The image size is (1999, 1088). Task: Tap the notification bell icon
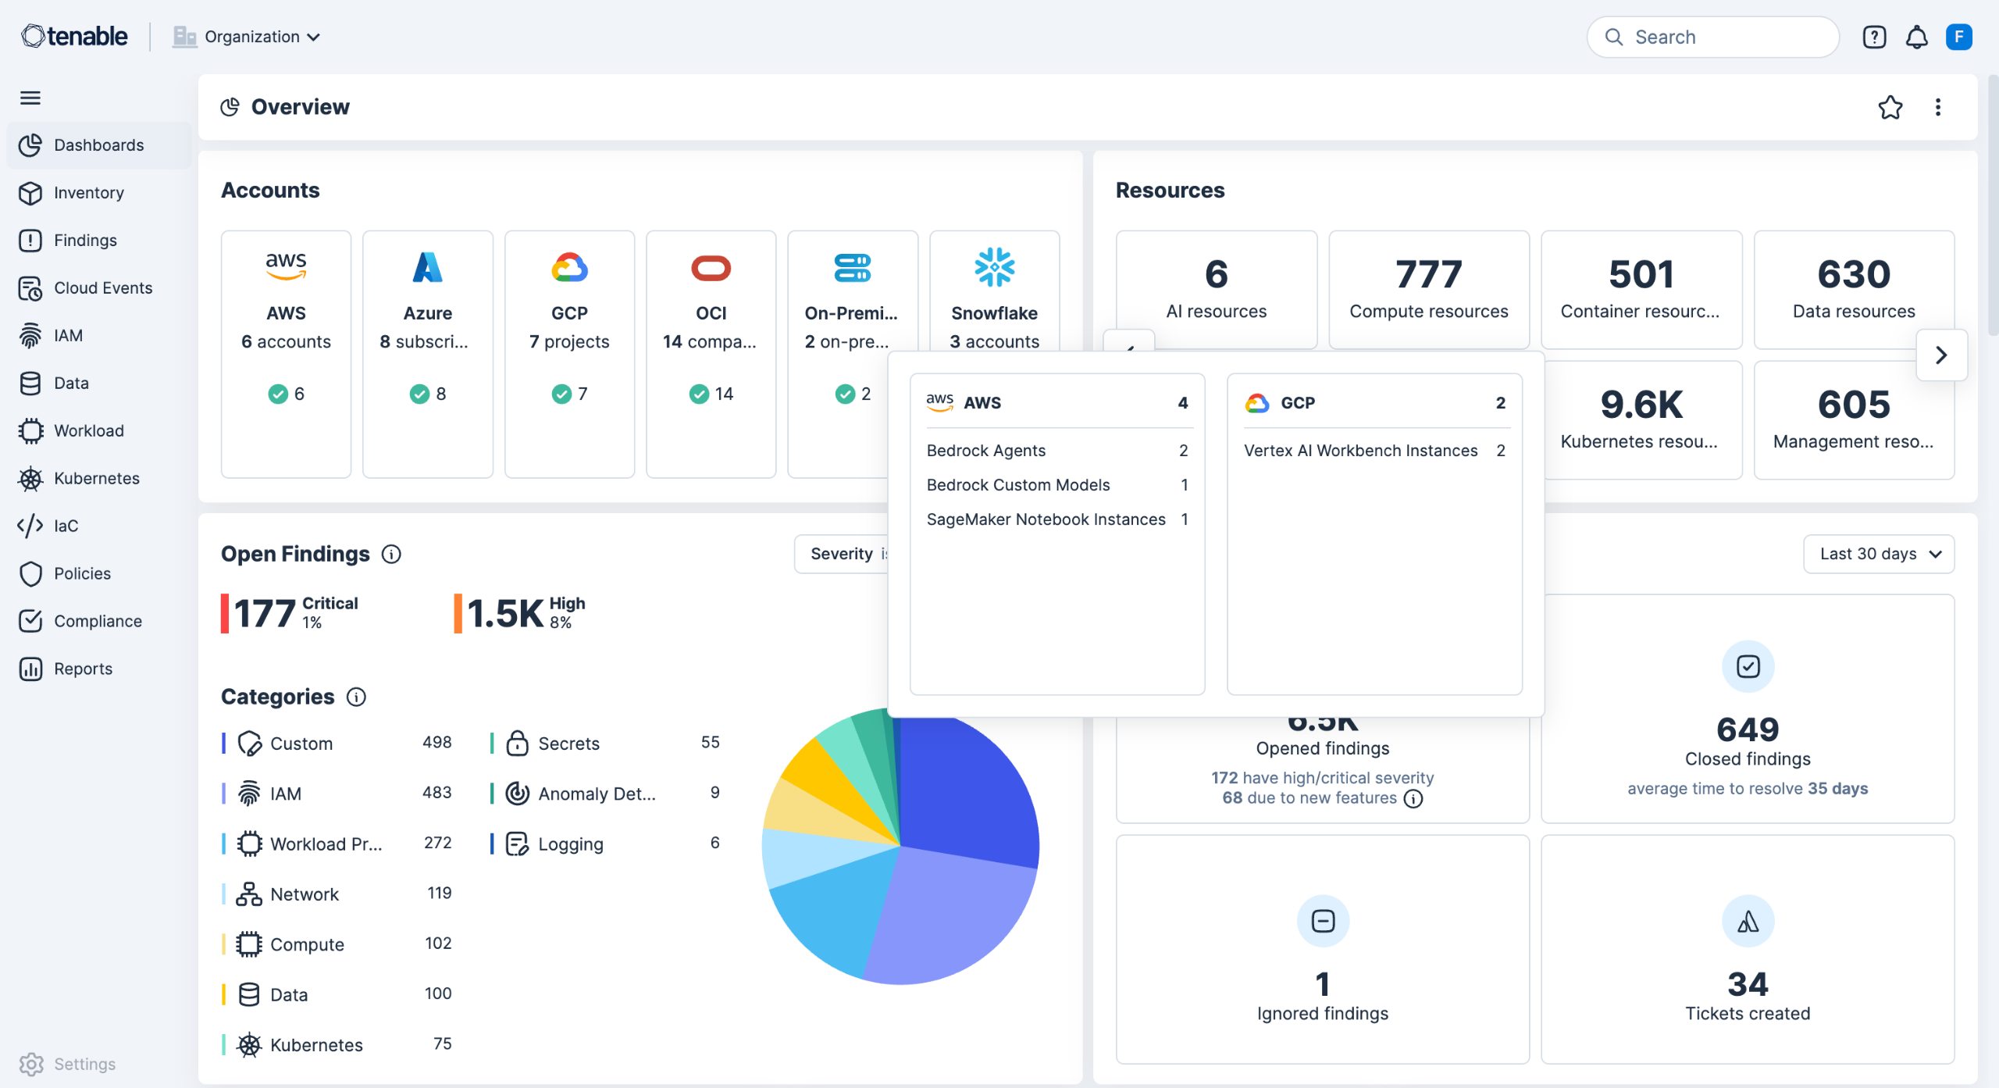(x=1916, y=37)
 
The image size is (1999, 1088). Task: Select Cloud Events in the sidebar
(x=102, y=287)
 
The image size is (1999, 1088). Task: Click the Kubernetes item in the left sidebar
(x=96, y=478)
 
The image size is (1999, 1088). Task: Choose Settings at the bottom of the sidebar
(x=84, y=1064)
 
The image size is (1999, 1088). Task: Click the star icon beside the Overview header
(x=1890, y=107)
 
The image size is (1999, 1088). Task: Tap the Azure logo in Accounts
(x=427, y=267)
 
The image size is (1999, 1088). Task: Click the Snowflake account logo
(x=994, y=267)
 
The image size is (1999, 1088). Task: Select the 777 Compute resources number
(x=1428, y=274)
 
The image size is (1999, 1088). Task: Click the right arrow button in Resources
(x=1941, y=355)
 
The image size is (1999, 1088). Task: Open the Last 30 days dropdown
(x=1879, y=554)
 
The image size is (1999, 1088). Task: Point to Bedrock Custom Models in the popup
(x=1017, y=485)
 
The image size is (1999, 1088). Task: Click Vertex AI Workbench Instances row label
(x=1360, y=451)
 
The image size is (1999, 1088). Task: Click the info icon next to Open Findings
(x=391, y=554)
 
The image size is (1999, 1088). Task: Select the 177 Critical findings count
(x=265, y=613)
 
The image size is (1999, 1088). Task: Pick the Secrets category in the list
(x=568, y=744)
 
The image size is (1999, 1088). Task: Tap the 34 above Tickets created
(x=1747, y=983)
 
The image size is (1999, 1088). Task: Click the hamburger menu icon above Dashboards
(x=30, y=98)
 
